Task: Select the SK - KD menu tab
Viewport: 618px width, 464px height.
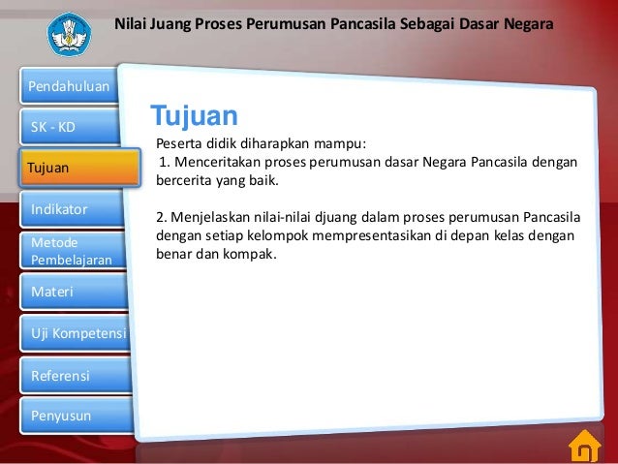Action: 68,127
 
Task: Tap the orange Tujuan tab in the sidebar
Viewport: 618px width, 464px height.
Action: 68,168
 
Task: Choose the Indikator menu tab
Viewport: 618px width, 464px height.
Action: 68,208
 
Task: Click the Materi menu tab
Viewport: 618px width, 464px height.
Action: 68,292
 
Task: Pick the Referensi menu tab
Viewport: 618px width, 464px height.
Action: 68,375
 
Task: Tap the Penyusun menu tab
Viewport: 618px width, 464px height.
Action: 68,416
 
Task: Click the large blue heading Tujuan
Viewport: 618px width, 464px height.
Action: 194,117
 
